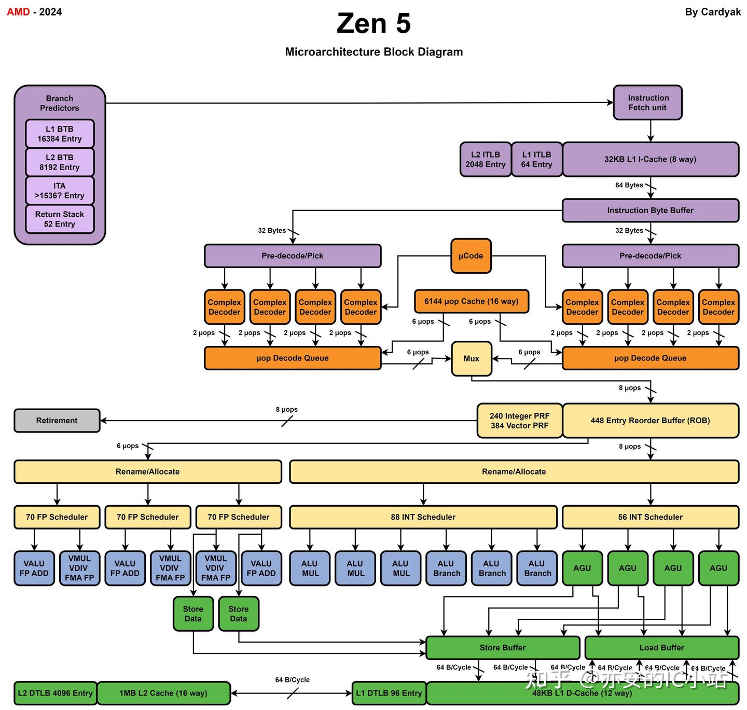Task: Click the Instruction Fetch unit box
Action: coord(647,103)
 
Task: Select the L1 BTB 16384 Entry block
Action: coord(60,134)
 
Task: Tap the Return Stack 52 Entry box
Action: coord(60,219)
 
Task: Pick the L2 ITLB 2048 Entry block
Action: coord(485,159)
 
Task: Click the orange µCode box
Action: coord(471,256)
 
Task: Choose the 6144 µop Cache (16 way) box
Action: coord(471,301)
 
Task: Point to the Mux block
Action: coord(471,358)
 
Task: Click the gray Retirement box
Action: coord(57,421)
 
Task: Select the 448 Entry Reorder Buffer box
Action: coord(650,421)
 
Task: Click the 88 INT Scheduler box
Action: coord(423,517)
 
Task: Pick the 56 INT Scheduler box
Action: coord(650,517)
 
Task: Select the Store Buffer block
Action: coord(502,648)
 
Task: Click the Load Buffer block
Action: coord(661,648)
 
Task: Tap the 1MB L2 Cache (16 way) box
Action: coord(163,693)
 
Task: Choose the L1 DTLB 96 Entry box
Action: coord(389,693)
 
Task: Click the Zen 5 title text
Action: coord(374,24)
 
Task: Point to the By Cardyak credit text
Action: coord(713,12)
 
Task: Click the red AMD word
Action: coord(18,12)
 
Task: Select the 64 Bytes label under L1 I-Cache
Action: coord(629,185)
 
